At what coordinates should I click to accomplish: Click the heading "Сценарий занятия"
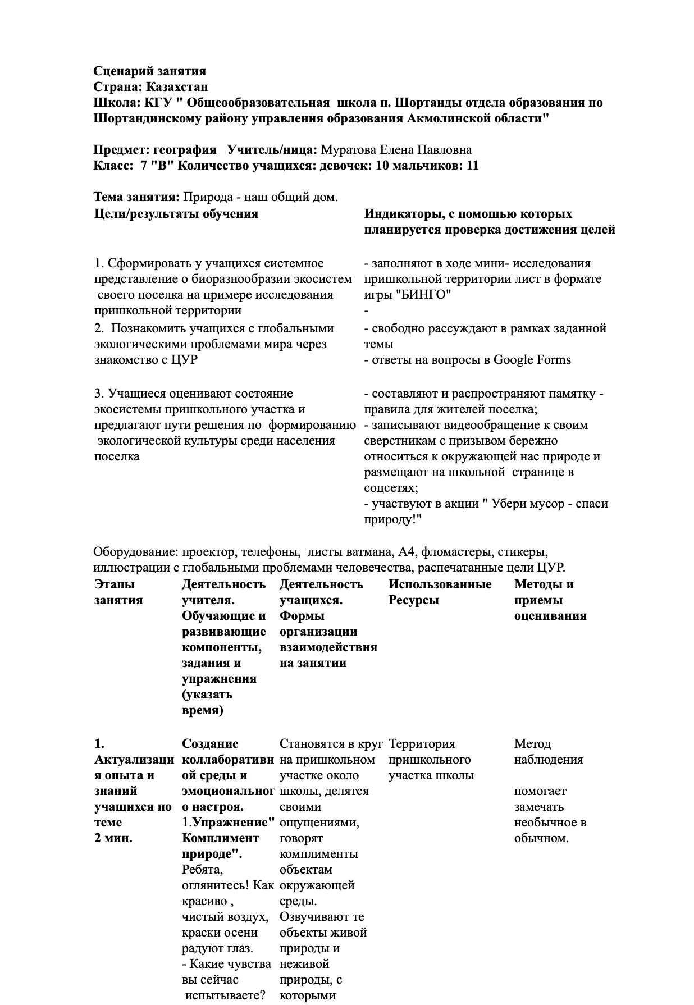(149, 71)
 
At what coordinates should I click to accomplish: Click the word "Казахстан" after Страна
(177, 87)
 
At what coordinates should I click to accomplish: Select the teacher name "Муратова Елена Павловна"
(396, 150)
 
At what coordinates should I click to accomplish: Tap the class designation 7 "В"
(158, 166)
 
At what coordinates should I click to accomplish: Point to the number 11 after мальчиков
(472, 166)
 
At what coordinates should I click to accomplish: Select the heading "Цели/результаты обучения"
(176, 214)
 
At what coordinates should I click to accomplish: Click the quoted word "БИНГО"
(431, 295)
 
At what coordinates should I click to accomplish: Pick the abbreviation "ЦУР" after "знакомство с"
(186, 360)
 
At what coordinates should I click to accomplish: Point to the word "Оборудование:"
(135, 551)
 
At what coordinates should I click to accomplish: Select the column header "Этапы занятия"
(118, 592)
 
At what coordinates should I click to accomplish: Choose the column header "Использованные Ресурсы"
(440, 592)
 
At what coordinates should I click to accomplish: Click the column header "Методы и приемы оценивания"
(550, 600)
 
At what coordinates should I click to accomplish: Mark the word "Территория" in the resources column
(422, 744)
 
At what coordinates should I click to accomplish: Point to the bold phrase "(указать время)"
(207, 702)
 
